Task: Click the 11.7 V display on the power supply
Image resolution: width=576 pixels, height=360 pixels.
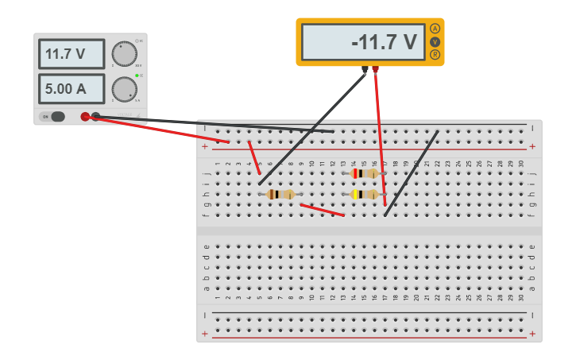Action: coord(72,54)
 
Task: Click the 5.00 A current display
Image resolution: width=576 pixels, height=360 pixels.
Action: coord(72,89)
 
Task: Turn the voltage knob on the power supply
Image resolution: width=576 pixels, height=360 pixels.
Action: coord(124,54)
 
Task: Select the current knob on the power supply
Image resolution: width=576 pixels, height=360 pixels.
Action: coord(124,88)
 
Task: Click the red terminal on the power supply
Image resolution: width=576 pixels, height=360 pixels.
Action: coord(85,117)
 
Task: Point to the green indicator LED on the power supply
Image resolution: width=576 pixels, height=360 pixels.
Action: coord(137,75)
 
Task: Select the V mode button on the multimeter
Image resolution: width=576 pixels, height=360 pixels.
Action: coord(435,41)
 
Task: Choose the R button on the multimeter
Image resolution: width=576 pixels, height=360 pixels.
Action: coord(435,54)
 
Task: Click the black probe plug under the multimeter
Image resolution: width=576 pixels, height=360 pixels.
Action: coord(365,70)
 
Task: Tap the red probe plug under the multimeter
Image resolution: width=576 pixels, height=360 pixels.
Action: coord(376,70)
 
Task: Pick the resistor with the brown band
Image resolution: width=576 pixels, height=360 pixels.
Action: coord(280,194)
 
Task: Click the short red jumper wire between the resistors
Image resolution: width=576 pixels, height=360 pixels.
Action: coord(322,210)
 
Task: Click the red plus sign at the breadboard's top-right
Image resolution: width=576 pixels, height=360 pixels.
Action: coord(532,146)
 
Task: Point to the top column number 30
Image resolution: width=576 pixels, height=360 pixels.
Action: coord(521,164)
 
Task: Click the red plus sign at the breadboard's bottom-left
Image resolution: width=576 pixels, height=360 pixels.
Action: coord(205,334)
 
